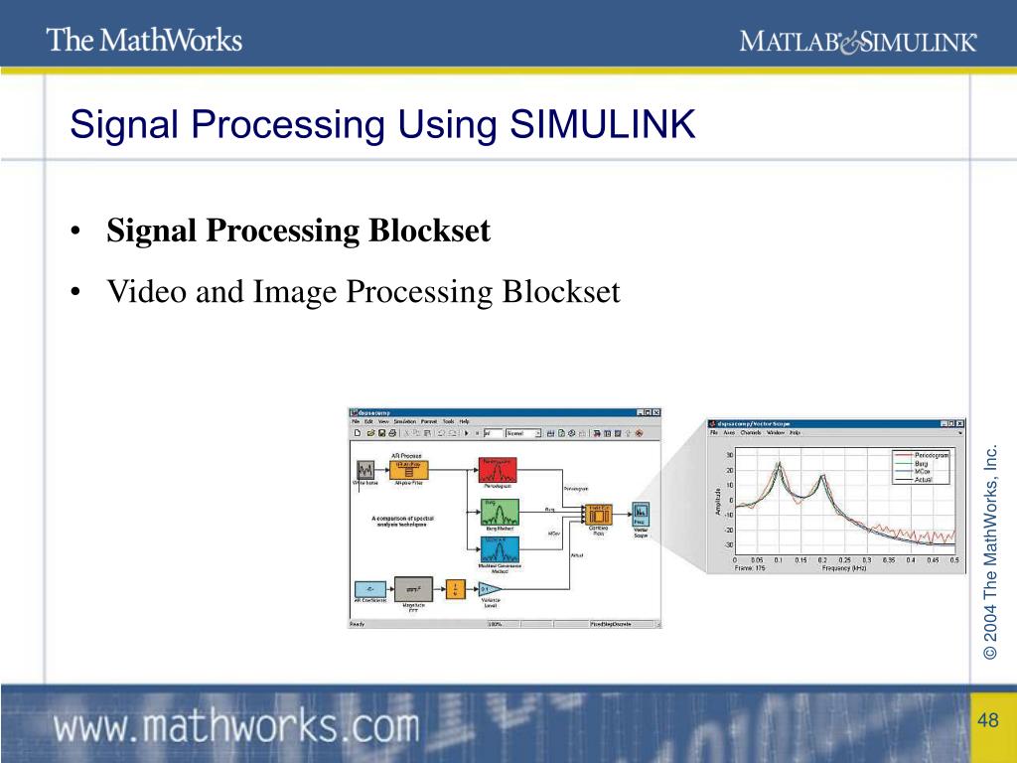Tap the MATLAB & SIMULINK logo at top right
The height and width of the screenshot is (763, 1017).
tap(858, 41)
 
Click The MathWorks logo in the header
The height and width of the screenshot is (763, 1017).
tap(144, 40)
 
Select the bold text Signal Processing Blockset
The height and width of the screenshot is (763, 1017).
tap(299, 231)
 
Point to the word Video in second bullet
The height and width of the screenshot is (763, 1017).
tap(141, 292)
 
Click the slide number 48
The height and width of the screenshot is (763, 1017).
tap(986, 720)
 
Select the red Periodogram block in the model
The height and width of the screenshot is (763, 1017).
tap(499, 467)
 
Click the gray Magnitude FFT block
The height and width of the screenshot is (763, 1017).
tap(413, 589)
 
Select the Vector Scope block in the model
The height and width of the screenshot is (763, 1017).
tap(640, 515)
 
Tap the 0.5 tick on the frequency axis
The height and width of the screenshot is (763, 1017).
tap(954, 559)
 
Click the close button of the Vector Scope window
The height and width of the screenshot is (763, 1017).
tap(960, 424)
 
